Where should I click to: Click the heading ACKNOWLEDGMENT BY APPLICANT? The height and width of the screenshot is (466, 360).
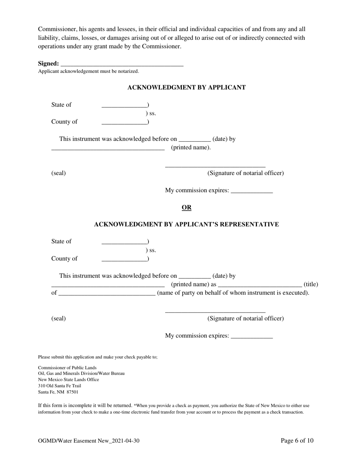pyautogui.click(x=186, y=88)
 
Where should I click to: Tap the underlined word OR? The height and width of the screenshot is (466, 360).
pyautogui.click(x=186, y=208)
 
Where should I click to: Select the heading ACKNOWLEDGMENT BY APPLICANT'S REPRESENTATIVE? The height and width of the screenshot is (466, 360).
pyautogui.click(x=186, y=225)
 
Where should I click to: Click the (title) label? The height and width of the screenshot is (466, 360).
pyautogui.click(x=311, y=285)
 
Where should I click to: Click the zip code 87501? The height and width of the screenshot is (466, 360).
pyautogui.click(x=72, y=392)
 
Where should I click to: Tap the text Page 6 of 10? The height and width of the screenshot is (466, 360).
pyautogui.click(x=297, y=441)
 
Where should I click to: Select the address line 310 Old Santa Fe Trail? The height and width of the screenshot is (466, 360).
pyautogui.click(x=59, y=386)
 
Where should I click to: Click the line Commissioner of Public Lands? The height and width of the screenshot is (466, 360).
pyautogui.click(x=67, y=368)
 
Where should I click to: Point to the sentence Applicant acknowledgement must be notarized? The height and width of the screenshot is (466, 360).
pyautogui.click(x=88, y=71)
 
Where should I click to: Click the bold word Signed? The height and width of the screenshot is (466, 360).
pyautogui.click(x=48, y=64)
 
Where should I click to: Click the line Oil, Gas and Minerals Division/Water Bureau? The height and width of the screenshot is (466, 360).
pyautogui.click(x=81, y=374)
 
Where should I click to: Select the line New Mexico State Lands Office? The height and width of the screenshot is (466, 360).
pyautogui.click(x=68, y=380)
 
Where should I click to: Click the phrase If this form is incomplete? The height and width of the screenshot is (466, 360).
pyautogui.click(x=85, y=405)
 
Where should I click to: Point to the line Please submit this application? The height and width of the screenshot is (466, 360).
pyautogui.click(x=97, y=357)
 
